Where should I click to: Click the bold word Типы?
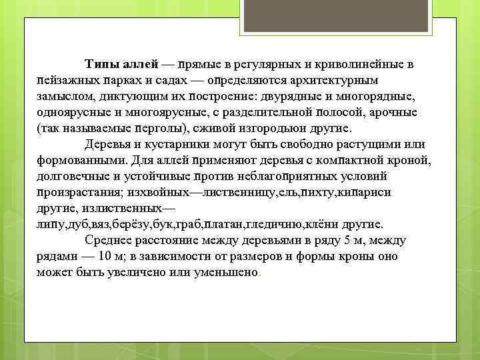click(101, 65)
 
